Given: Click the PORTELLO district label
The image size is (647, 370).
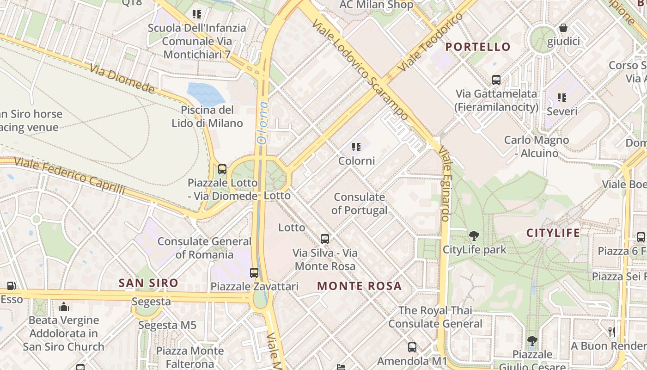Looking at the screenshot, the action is click(478, 47).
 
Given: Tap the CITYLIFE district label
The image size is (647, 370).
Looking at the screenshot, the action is click(553, 233).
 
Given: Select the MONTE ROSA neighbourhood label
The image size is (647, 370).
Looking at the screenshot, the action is click(359, 286).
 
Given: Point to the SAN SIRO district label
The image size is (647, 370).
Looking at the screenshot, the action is click(148, 283).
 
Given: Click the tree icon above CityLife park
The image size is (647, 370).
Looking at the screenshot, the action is click(474, 236).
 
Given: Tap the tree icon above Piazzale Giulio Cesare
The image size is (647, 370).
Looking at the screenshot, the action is click(532, 341).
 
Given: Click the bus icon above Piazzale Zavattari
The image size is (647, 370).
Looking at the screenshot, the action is click(254, 272).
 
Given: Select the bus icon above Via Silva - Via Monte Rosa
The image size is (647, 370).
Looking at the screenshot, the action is click(325, 239).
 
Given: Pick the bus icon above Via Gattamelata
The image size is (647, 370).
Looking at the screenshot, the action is click(496, 80).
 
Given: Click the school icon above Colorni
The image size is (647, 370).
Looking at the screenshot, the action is click(356, 147).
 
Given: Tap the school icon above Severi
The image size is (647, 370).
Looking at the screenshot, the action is click(562, 97).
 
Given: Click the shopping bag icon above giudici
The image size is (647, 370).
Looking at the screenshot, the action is click(563, 28).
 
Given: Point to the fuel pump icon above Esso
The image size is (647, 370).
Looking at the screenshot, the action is click(11, 286).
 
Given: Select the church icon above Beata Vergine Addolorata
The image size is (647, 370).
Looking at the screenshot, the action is click(64, 306).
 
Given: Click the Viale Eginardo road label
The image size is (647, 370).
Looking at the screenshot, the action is click(445, 184).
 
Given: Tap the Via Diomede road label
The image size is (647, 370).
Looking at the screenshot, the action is click(122, 78).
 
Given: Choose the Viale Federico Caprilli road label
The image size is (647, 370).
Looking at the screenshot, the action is click(69, 176).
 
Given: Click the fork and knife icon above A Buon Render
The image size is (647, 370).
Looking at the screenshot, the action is click(612, 332).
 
